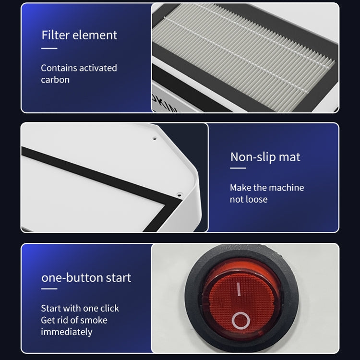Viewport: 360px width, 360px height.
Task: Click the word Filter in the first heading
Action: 55,35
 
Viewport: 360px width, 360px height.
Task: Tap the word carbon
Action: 55,80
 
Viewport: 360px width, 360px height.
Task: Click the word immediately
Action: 67,332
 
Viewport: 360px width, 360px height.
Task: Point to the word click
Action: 110,308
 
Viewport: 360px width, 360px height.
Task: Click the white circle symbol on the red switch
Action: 240,321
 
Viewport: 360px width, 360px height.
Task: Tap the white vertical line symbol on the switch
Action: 239,289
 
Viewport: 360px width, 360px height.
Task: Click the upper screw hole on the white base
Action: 155,138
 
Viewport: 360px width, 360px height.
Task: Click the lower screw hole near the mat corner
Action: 180,195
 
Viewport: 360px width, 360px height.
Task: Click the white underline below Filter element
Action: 49,48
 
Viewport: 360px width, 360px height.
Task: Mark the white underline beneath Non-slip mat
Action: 238,168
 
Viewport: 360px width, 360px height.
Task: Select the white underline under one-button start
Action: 49,289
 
